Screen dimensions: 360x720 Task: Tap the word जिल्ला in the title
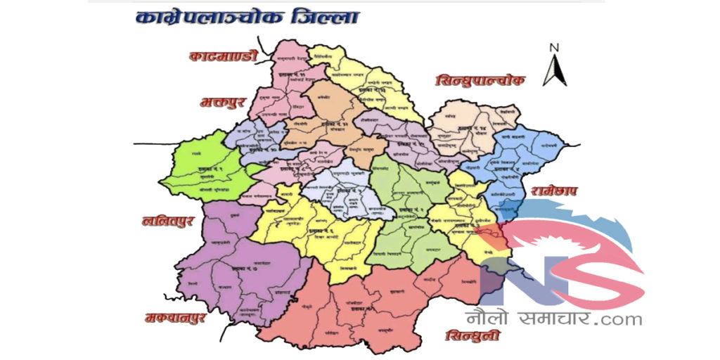(x=323, y=18)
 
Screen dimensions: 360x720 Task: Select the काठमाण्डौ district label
(x=224, y=56)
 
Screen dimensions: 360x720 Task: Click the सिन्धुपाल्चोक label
(x=480, y=82)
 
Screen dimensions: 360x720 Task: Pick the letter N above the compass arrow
(x=554, y=48)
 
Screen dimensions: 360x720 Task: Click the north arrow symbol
(x=554, y=70)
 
